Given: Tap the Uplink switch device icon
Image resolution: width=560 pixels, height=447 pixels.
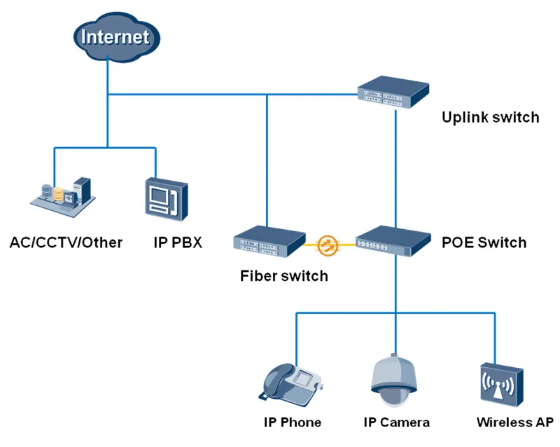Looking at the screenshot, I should [x=393, y=91].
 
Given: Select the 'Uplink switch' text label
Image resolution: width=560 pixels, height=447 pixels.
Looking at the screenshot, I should [x=490, y=117].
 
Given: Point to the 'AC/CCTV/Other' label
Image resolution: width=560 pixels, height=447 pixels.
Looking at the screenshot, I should [x=66, y=243].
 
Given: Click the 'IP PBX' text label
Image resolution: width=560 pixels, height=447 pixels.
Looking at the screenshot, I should [x=178, y=243].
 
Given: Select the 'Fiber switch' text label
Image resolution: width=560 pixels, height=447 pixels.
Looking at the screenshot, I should [x=283, y=275].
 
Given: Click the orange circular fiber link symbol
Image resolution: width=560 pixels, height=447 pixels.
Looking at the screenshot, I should [x=328, y=245].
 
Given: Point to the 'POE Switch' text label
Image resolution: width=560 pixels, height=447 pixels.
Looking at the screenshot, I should [x=484, y=243].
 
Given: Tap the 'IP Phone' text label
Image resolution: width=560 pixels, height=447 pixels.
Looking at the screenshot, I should [x=293, y=422].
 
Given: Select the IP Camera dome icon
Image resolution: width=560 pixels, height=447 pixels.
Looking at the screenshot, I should [x=395, y=378].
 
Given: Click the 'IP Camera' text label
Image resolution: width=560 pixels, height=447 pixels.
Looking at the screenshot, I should [x=396, y=422].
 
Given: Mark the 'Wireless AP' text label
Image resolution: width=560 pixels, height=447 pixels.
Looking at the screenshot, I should [x=514, y=422].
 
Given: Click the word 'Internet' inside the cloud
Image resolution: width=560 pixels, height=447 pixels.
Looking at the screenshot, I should [x=115, y=36].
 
